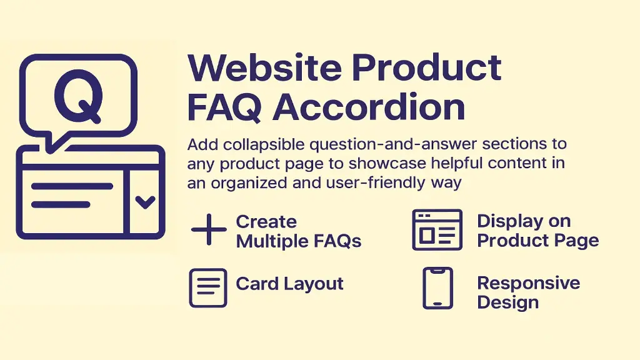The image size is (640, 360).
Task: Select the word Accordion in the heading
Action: [x=369, y=107]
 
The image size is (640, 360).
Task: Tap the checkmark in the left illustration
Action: [x=145, y=202]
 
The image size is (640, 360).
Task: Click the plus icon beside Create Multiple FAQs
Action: [x=209, y=231]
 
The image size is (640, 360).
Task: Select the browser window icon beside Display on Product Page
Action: [x=437, y=229]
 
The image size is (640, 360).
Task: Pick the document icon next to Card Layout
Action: [x=207, y=287]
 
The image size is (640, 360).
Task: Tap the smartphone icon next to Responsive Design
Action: [x=437, y=288]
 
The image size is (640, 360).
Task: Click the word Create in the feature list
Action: [x=266, y=222]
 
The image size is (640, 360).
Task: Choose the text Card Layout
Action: [x=290, y=284]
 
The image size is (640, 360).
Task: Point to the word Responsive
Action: [x=528, y=283]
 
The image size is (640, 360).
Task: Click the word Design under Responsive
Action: [x=507, y=302]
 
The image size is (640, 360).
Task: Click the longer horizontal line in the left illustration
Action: [x=72, y=186]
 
